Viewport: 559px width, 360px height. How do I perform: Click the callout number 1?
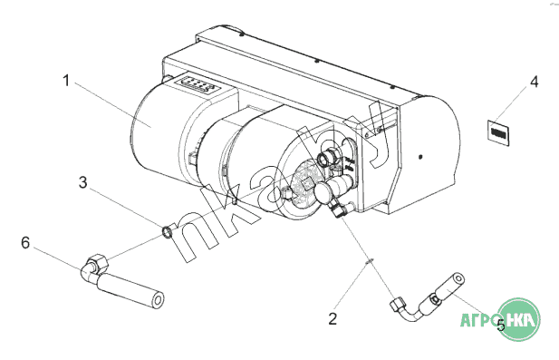(x=66, y=81)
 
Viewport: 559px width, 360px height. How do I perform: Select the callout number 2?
(x=333, y=318)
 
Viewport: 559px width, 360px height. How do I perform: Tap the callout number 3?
(x=82, y=182)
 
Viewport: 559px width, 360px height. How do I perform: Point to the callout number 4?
(x=534, y=82)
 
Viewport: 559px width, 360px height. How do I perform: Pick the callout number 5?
(x=501, y=325)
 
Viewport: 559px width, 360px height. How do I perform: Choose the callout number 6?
(x=25, y=243)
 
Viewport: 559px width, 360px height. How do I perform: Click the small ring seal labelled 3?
(x=168, y=232)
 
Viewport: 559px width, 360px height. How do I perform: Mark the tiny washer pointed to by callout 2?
(x=370, y=261)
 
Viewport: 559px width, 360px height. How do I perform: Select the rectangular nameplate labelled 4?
(x=498, y=132)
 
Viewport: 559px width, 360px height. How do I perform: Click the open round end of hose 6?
(x=157, y=300)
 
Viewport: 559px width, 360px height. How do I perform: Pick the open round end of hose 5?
(x=458, y=278)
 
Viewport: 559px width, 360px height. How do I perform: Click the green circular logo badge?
(x=518, y=319)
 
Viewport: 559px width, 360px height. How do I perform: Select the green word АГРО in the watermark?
(x=478, y=319)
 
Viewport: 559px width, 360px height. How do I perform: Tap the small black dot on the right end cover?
(x=420, y=156)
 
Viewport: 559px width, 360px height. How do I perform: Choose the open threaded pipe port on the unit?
(x=326, y=158)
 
